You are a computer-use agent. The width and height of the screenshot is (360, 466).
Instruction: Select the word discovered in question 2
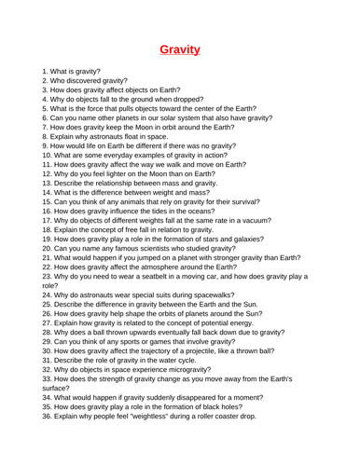coord(96,82)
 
